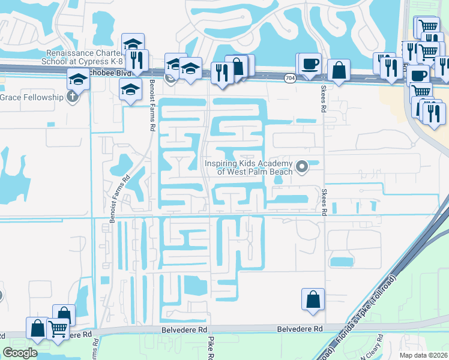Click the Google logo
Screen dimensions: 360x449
pos(20,353)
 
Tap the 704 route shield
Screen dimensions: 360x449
pos(290,78)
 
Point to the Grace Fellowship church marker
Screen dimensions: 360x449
pos(73,97)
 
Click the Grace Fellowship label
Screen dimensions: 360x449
pos(32,97)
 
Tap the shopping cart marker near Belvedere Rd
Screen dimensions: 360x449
pos(58,328)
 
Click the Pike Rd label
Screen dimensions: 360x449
pos(211,348)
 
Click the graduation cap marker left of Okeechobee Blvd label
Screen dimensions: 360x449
pos(78,79)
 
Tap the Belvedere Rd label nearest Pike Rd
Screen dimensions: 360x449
pos(184,329)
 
